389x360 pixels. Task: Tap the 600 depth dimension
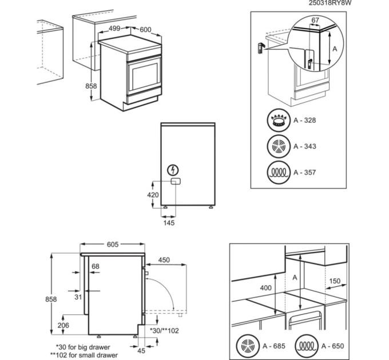[x=145, y=30]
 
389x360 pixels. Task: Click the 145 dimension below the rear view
[x=169, y=223]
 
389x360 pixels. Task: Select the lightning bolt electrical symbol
[x=173, y=170]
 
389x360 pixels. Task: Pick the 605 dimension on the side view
[x=112, y=244]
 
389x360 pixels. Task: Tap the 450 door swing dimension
[x=164, y=260]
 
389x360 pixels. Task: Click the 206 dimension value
[x=63, y=325]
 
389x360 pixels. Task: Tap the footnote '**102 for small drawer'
[x=84, y=355]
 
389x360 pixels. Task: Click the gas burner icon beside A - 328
[x=279, y=121]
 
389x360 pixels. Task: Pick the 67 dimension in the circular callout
[x=315, y=21]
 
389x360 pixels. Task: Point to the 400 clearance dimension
[x=265, y=288]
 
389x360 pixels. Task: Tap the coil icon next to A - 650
[x=307, y=346]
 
